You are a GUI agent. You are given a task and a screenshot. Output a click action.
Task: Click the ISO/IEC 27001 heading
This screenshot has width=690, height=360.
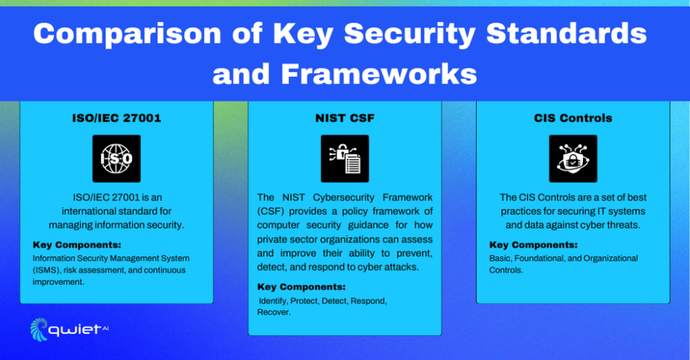(117, 118)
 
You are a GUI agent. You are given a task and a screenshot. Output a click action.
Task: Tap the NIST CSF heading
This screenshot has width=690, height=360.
(344, 118)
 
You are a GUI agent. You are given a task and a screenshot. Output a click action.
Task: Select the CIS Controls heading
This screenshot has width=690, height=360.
(573, 118)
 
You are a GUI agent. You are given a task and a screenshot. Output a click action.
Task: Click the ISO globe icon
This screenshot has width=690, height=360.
(117, 158)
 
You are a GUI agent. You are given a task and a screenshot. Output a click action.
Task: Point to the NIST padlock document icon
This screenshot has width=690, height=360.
(344, 158)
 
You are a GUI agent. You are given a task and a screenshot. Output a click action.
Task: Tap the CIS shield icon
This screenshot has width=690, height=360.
(573, 158)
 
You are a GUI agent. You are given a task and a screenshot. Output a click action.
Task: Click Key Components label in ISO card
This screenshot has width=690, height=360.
(77, 245)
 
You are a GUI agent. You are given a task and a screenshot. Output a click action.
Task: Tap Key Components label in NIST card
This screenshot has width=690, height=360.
(301, 287)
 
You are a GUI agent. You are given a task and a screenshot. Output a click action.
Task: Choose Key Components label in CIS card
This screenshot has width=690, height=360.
(533, 245)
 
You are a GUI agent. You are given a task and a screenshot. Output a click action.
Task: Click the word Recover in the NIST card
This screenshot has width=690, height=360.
(274, 313)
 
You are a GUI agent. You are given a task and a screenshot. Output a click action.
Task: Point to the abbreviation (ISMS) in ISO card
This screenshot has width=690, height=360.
(45, 270)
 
